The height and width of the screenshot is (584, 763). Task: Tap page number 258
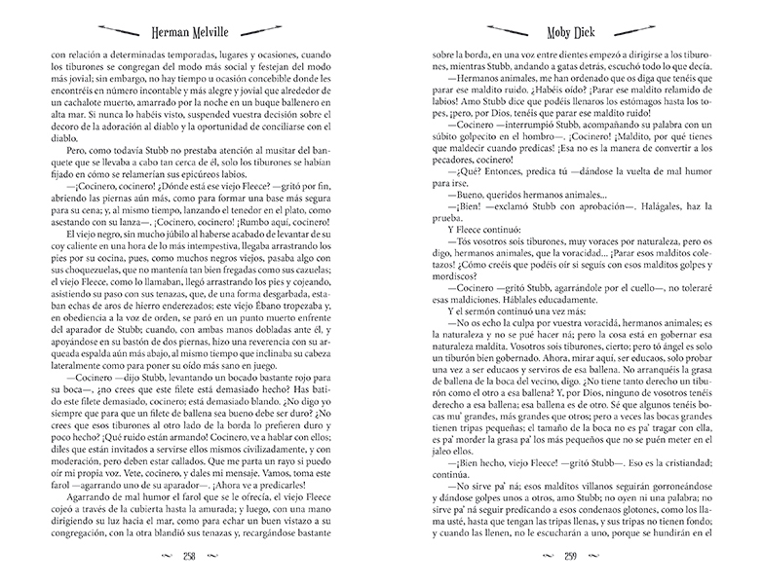191,558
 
